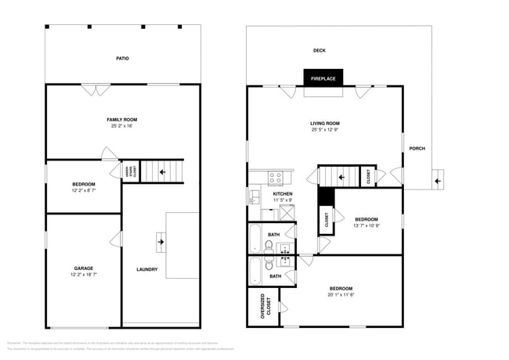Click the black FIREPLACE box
click(x=323, y=78)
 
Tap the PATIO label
click(x=122, y=58)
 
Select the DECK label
click(x=319, y=51)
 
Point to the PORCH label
click(x=418, y=149)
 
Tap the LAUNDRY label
click(x=146, y=270)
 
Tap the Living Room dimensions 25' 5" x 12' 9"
click(x=324, y=130)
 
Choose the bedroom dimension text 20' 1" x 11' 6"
click(x=340, y=295)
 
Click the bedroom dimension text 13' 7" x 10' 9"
click(x=366, y=225)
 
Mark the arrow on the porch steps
click(x=437, y=181)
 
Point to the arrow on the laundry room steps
click(x=161, y=243)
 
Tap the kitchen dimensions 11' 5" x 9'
click(x=282, y=200)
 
